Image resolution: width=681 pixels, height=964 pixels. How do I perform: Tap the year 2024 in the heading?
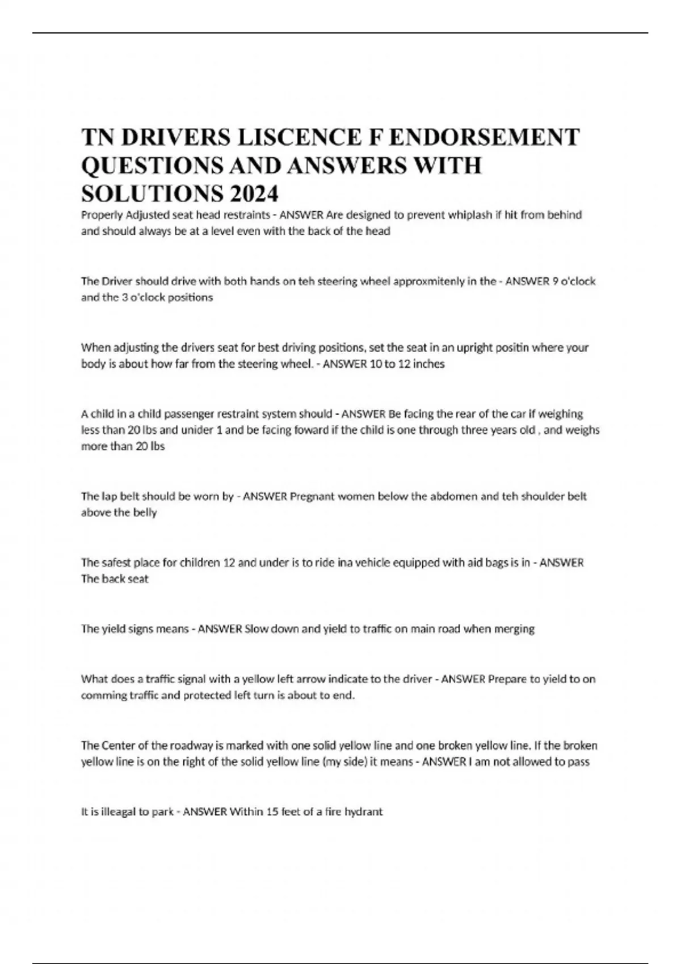tap(254, 194)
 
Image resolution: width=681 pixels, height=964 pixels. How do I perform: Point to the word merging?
tap(515, 629)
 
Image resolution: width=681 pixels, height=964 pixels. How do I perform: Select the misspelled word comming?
tap(100, 695)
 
